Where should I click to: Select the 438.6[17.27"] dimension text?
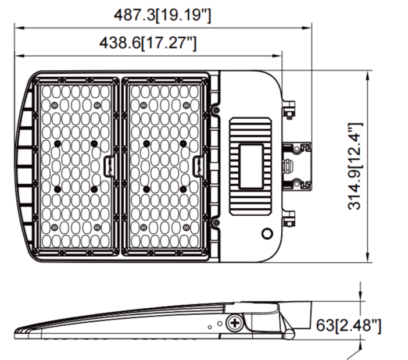coord(148,43)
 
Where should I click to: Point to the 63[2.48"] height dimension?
coord(349,326)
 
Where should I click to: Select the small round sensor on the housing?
coord(267,234)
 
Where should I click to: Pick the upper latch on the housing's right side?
coord(288,110)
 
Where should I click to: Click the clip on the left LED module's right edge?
coord(110,166)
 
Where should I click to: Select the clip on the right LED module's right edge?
coord(199,166)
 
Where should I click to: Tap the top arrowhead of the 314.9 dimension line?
coord(368,74)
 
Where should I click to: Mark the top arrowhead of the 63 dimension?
coord(361,297)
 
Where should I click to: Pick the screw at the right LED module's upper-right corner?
coord(216,109)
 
